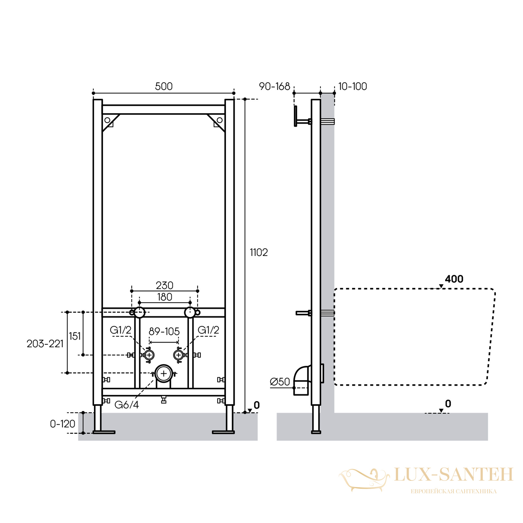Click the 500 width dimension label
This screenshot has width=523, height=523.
point(163,86)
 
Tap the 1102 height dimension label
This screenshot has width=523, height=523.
point(259,252)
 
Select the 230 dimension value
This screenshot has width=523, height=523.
point(164,285)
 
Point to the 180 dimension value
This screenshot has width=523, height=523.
point(164,297)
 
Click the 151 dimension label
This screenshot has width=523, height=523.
point(75,336)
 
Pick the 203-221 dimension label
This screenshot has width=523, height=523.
point(45,344)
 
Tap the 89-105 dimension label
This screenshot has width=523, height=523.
point(164,331)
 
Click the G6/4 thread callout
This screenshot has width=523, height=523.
point(127,405)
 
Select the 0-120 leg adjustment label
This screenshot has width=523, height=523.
point(62,424)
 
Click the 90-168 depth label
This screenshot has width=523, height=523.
point(275,86)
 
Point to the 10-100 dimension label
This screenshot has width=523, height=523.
point(352,86)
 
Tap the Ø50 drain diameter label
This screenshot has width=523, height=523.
point(280,381)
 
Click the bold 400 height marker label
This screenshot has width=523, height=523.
point(454,279)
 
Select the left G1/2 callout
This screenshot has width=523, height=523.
point(121,330)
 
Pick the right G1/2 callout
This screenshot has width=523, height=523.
point(208,330)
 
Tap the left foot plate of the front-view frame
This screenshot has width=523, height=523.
point(104,432)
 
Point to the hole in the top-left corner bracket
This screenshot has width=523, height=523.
point(107,120)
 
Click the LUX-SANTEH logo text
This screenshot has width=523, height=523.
point(453,474)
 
